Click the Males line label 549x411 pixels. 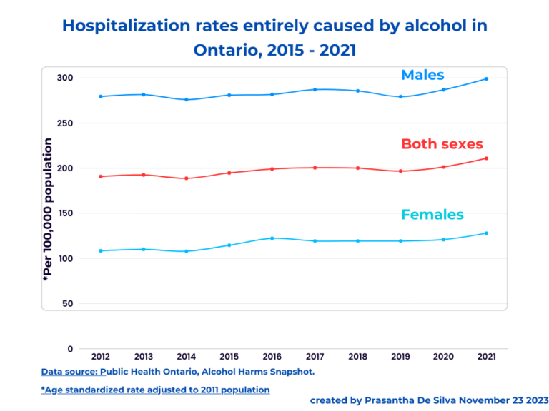[422, 75]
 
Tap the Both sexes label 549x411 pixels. [442, 144]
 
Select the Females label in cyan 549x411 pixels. [432, 215]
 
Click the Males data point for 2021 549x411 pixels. [486, 78]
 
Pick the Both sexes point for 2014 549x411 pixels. [187, 178]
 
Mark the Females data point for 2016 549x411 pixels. [272, 238]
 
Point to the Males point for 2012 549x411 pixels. [101, 96]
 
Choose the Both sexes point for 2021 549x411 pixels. [486, 158]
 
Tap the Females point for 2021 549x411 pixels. [486, 233]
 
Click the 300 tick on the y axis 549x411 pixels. [65, 78]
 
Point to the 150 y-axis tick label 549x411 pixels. [65, 213]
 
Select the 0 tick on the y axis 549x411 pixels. [70, 349]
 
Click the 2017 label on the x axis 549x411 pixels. [315, 356]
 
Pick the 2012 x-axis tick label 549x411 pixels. [101, 356]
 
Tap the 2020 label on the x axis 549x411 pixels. [443, 356]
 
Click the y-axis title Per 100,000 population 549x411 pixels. [48, 210]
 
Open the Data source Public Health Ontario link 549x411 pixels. [178, 372]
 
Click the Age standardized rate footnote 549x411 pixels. [155, 390]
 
